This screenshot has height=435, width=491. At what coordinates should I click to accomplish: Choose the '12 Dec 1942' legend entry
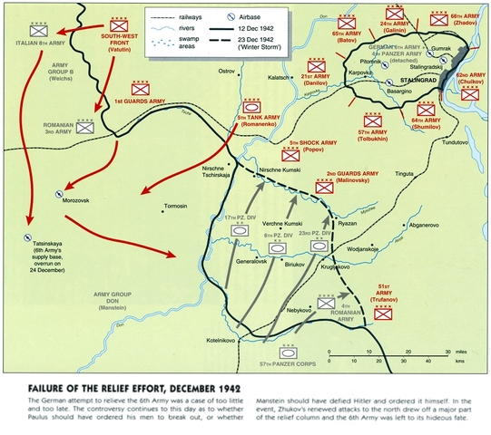273,30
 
